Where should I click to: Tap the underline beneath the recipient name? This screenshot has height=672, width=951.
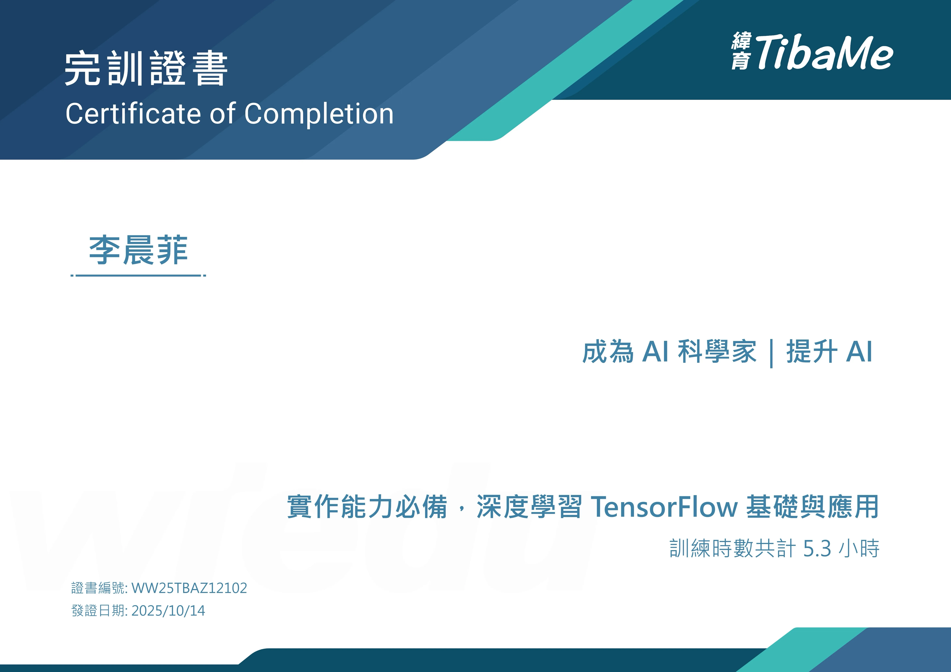(x=138, y=275)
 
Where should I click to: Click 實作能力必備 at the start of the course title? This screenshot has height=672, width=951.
(x=367, y=506)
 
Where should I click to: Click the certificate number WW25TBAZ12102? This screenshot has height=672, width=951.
(x=189, y=588)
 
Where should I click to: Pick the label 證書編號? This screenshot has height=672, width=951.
(x=98, y=588)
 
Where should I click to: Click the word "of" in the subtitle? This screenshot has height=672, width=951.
(x=223, y=113)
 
